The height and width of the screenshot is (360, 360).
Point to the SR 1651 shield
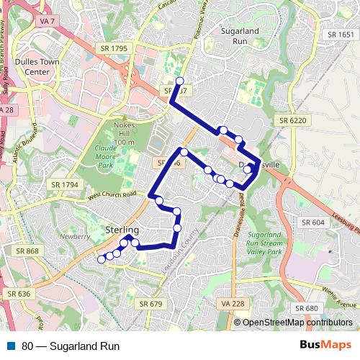pyautogui.click(x=341, y=34)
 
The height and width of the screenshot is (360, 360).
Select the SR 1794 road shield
pyautogui.click(x=65, y=185)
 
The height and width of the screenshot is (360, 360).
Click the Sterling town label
pyautogui.click(x=122, y=229)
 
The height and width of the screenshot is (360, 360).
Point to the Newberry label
pyautogui.click(x=75, y=236)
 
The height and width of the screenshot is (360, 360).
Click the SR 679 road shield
pyautogui.click(x=150, y=304)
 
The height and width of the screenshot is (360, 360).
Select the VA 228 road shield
pyautogui.click(x=233, y=304)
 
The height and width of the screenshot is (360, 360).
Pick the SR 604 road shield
pyautogui.click(x=314, y=222)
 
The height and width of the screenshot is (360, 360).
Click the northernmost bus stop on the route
pyautogui.click(x=180, y=81)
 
